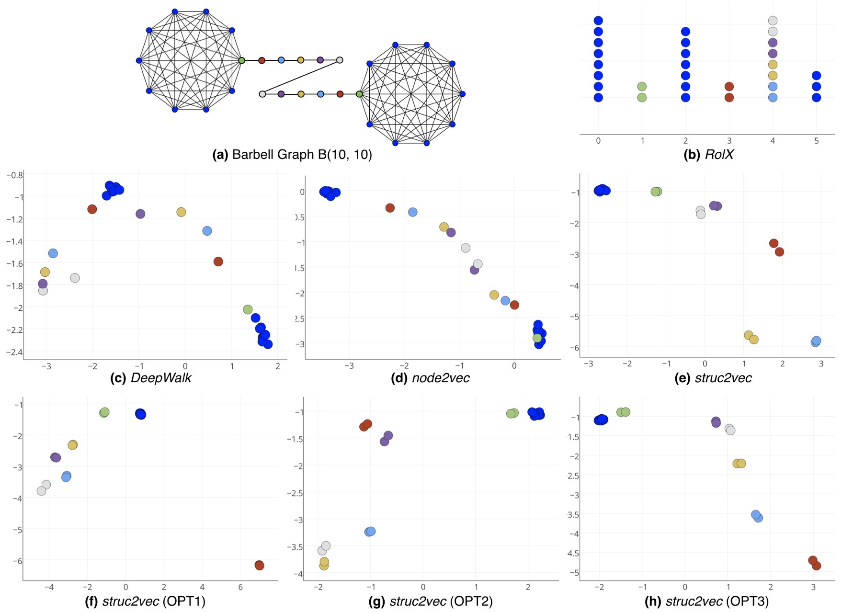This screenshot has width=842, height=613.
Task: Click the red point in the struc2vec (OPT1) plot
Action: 259,566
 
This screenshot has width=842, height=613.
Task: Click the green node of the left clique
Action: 242,60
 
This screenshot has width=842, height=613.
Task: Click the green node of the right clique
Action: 359,94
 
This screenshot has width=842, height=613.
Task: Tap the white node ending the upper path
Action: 340,60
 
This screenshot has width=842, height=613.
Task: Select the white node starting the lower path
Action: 262,94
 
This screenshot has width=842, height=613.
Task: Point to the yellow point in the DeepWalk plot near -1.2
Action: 181,212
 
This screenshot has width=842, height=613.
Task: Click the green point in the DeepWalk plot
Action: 248,309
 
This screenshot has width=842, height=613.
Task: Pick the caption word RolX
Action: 719,155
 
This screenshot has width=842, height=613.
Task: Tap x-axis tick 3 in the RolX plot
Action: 729,141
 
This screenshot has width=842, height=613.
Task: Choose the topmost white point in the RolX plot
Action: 773,21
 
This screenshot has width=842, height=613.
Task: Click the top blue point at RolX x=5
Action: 817,76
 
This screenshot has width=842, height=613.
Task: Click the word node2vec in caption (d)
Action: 441,378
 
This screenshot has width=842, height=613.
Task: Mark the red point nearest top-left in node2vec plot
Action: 390,208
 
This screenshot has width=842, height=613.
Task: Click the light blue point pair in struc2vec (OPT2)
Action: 370,532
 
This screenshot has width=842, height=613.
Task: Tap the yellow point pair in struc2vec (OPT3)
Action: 739,464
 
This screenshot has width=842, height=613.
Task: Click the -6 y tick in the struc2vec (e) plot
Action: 574,348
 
